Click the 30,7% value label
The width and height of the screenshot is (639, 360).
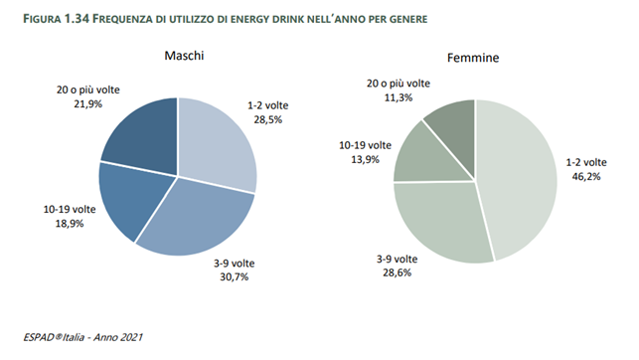[262, 274]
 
